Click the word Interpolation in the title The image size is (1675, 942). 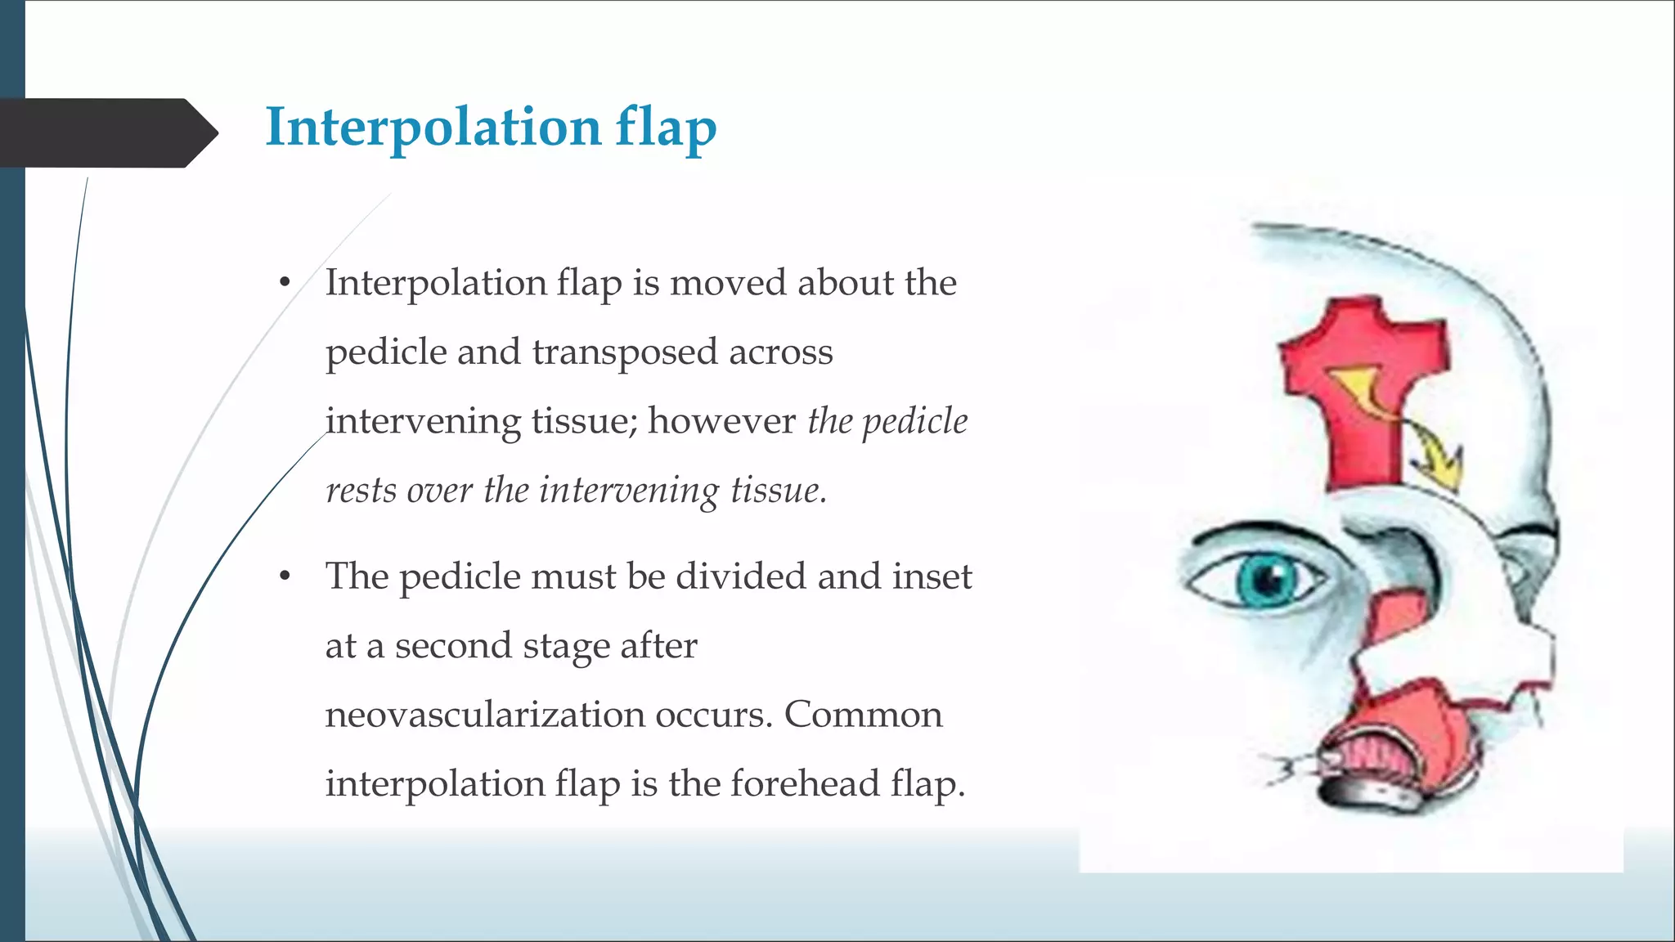(x=433, y=128)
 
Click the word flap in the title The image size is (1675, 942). (x=666, y=129)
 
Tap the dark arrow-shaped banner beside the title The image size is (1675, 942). (x=106, y=132)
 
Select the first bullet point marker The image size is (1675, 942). (x=285, y=283)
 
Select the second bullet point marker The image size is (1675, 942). (x=285, y=576)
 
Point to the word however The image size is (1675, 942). (x=721, y=421)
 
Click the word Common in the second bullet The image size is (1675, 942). (x=863, y=715)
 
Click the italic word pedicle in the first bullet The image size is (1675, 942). (x=915, y=422)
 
